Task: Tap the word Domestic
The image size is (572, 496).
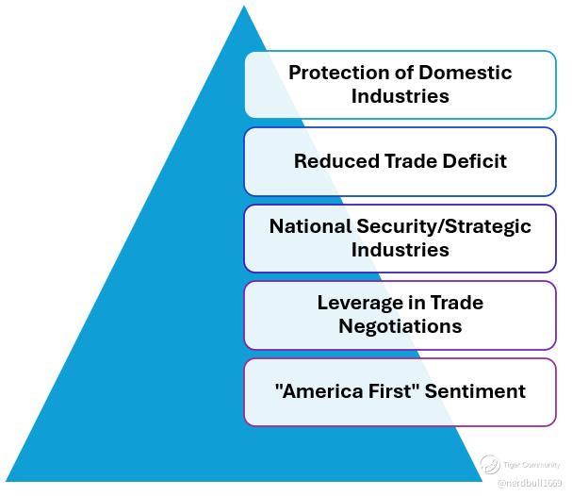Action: pos(466,73)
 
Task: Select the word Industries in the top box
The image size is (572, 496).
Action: pos(400,95)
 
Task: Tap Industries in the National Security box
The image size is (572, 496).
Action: pos(400,250)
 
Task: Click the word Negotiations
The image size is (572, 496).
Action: pos(400,326)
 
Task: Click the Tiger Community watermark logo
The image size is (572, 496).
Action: pos(489,464)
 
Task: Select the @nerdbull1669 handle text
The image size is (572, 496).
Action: pos(529,483)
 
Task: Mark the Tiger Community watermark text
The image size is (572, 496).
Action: pos(532,465)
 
